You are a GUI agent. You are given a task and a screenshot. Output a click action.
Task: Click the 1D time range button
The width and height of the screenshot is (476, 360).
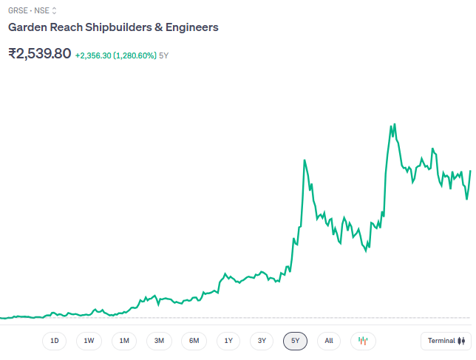(55, 341)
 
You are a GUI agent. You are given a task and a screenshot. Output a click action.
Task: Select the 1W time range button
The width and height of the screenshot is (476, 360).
(89, 341)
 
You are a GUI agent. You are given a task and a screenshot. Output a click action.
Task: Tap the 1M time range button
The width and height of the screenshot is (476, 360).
(124, 341)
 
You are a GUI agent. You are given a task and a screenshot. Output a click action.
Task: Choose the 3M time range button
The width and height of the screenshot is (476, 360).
(159, 341)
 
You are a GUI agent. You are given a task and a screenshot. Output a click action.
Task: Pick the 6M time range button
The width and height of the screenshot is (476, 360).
(194, 341)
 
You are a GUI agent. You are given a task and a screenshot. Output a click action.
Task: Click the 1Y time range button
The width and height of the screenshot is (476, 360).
(228, 341)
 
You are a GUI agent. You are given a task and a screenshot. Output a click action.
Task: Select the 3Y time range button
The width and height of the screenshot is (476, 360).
(262, 341)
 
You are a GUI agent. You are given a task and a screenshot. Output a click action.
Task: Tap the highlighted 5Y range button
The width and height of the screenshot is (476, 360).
(295, 341)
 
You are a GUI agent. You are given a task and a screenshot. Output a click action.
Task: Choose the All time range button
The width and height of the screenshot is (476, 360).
(329, 341)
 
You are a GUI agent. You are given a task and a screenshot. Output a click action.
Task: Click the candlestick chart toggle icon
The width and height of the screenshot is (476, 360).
(363, 341)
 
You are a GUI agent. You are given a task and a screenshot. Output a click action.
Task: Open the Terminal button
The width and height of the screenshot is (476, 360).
(446, 341)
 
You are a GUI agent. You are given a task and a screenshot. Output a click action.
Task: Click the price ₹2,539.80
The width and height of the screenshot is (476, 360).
(40, 54)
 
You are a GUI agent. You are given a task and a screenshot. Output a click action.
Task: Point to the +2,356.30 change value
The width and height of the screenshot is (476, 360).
(93, 55)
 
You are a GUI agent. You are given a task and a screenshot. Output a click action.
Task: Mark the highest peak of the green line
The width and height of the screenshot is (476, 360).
(395, 124)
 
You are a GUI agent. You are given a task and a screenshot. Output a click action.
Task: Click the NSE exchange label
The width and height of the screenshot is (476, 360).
(42, 11)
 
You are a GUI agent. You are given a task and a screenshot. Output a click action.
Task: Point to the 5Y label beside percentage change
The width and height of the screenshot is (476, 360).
(164, 55)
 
